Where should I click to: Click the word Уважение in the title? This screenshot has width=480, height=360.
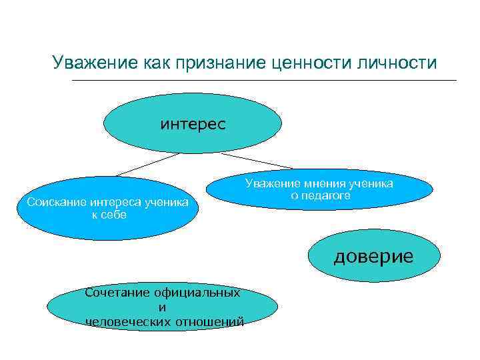coord(95,63)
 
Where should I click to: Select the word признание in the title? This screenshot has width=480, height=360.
coord(222,63)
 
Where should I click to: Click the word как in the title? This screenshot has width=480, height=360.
coord(157,63)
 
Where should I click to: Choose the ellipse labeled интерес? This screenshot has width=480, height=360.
coord(193,124)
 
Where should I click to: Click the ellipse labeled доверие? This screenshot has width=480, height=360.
coord(373,257)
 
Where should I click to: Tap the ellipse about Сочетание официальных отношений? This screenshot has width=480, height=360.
coord(164,307)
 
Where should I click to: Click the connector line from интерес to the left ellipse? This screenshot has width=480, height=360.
coord(147,164)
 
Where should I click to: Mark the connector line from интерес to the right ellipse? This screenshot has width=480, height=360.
coord(256,161)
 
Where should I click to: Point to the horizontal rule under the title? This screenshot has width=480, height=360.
coord(263,81)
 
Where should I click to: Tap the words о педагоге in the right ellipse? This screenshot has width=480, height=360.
coord(320,195)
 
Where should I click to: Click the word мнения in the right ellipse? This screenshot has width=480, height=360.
coord(325,183)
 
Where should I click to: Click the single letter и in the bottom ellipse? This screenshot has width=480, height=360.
coord(162,307)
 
